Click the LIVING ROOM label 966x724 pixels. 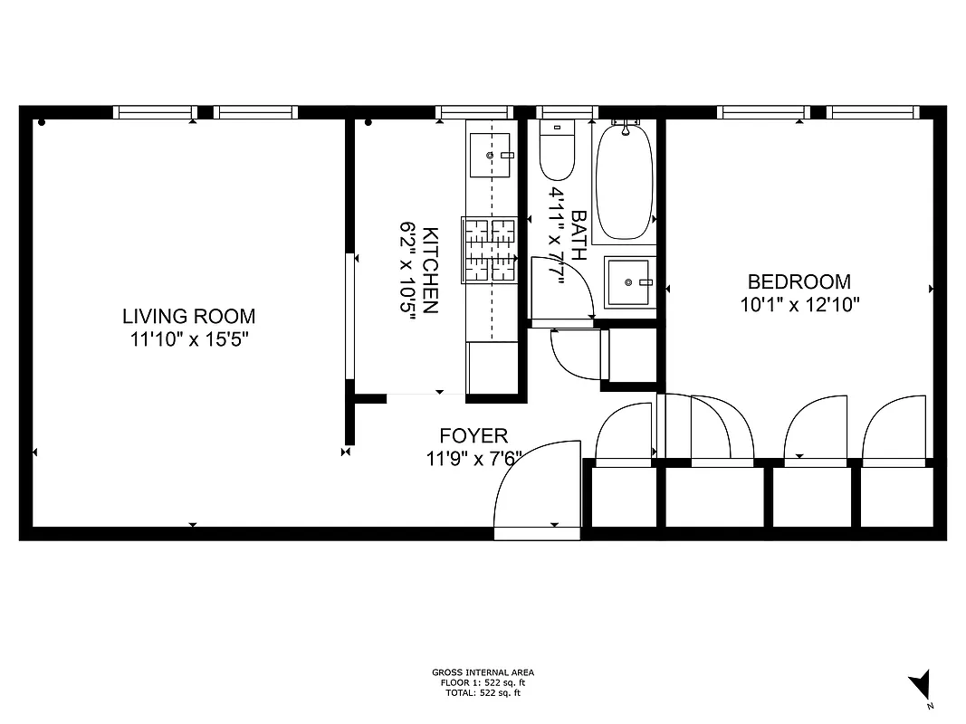click(x=188, y=317)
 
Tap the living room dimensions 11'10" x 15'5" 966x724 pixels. click(x=188, y=340)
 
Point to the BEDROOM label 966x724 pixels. click(x=799, y=281)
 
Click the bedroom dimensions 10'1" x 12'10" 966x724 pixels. click(x=799, y=305)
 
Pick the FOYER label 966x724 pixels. click(x=473, y=435)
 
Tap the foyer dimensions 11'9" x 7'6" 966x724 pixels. click(x=473, y=459)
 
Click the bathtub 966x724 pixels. click(x=625, y=181)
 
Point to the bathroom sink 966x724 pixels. click(x=628, y=282)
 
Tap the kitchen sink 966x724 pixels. click(x=491, y=156)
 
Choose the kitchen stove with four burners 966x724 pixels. click(x=489, y=250)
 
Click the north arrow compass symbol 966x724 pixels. click(x=921, y=684)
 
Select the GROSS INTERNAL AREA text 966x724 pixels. click(x=483, y=672)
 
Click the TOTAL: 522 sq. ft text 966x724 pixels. click(x=483, y=693)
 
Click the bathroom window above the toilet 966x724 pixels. click(x=567, y=112)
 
